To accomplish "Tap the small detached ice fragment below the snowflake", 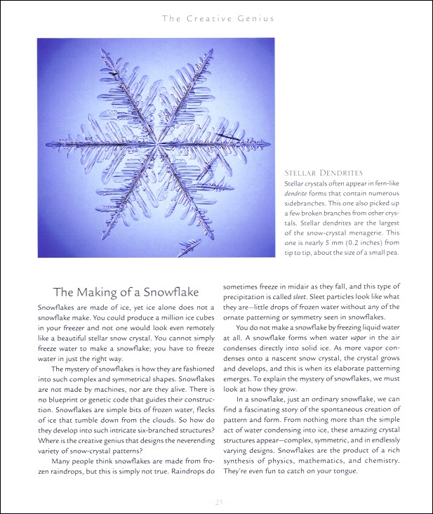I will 188,246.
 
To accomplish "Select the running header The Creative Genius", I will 218,18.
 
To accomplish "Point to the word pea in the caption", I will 389,253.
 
